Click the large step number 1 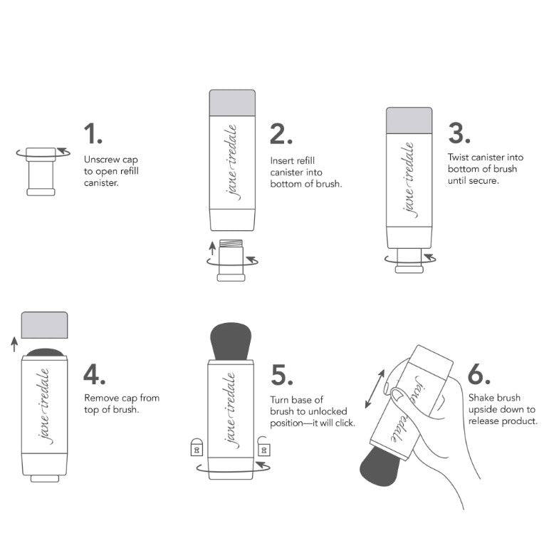point(93,133)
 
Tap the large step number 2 point(281,133)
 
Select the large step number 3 point(459,133)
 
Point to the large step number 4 point(94,374)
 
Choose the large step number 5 point(282,375)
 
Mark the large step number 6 point(479,374)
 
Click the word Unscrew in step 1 point(102,160)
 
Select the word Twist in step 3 point(459,157)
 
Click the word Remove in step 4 point(101,398)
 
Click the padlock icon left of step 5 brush point(197,447)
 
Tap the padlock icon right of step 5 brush point(264,446)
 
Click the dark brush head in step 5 point(231,341)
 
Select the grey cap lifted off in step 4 point(44,325)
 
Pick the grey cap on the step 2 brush point(232,103)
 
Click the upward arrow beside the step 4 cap point(14,344)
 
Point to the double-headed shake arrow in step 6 point(375,389)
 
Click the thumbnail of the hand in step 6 point(397,395)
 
